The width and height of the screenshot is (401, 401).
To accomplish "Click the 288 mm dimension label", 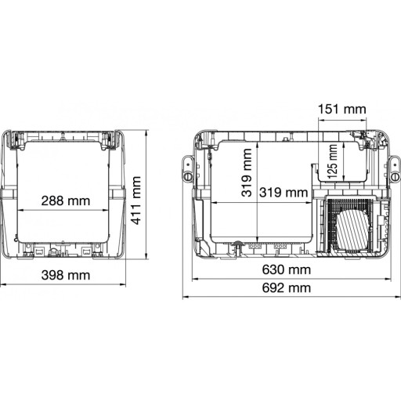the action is click(66, 201).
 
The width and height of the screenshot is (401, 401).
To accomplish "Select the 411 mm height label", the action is click(136, 200).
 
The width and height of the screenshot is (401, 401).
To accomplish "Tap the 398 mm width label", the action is click(66, 275).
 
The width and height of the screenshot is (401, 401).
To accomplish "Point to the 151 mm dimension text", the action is click(341, 109).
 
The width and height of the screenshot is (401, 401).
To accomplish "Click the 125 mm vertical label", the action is click(332, 161).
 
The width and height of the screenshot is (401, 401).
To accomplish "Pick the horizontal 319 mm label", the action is click(284, 193).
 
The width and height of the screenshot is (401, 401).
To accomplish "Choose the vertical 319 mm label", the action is click(247, 172).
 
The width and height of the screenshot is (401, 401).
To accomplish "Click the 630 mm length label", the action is click(287, 269).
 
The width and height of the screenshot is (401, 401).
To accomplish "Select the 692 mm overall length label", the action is click(287, 288).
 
